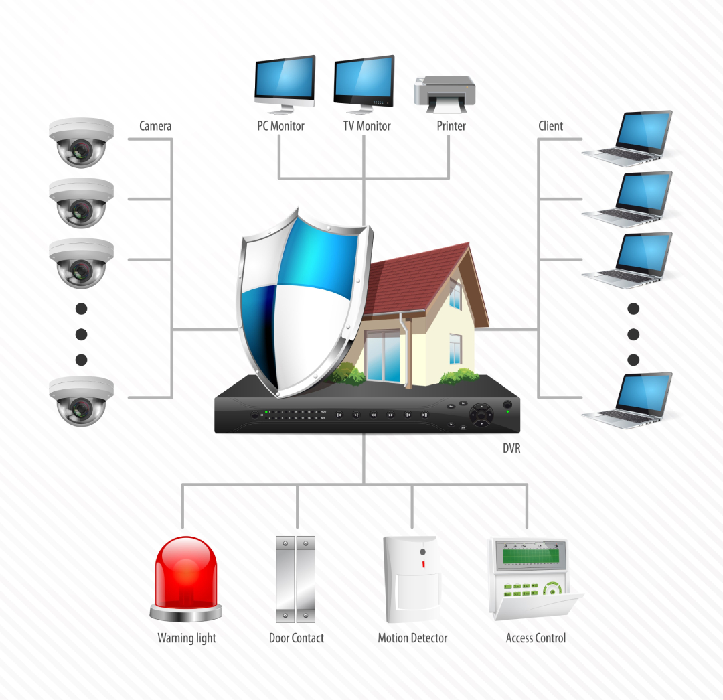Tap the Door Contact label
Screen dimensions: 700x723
[296, 638]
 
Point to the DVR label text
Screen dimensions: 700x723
[511, 449]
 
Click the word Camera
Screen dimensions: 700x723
[155, 126]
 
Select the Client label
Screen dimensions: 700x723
[550, 126]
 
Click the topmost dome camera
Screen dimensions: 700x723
[81, 142]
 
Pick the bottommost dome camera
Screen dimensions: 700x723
[81, 400]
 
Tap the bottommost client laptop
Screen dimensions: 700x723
[629, 400]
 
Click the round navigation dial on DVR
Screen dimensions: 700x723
[480, 415]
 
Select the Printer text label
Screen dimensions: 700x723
[451, 126]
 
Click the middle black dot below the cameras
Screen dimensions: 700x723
[82, 334]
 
